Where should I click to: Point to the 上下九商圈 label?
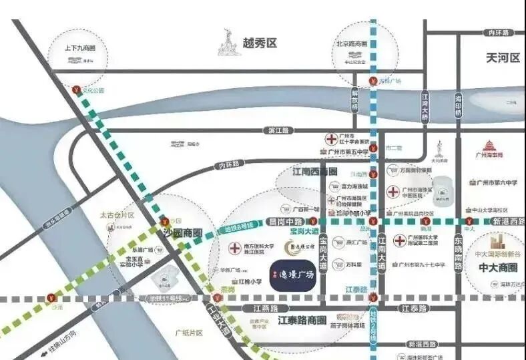(80, 49)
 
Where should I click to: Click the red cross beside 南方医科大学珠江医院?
(236, 248)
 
